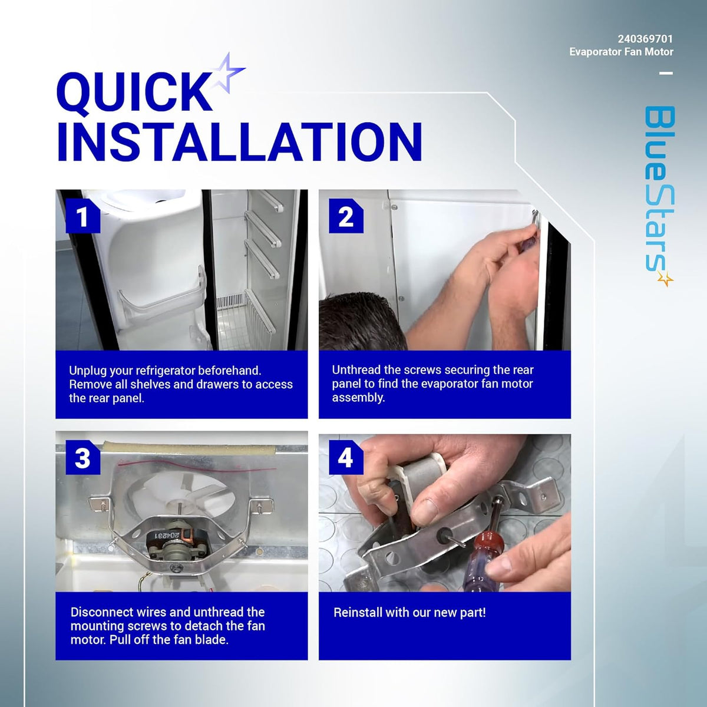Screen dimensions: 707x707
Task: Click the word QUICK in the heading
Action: click(x=134, y=92)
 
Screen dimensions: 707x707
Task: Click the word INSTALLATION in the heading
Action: click(x=239, y=142)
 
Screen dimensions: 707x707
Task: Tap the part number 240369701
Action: click(x=645, y=39)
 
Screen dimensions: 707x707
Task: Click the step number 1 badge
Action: click(x=82, y=216)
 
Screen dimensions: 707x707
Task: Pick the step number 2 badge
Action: click(x=346, y=216)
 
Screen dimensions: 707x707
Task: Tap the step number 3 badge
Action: click(x=82, y=458)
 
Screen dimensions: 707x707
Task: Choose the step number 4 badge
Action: click(x=346, y=458)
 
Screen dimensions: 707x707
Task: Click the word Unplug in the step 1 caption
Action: click(x=88, y=371)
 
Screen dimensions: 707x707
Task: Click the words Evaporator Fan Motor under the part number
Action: click(x=621, y=52)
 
